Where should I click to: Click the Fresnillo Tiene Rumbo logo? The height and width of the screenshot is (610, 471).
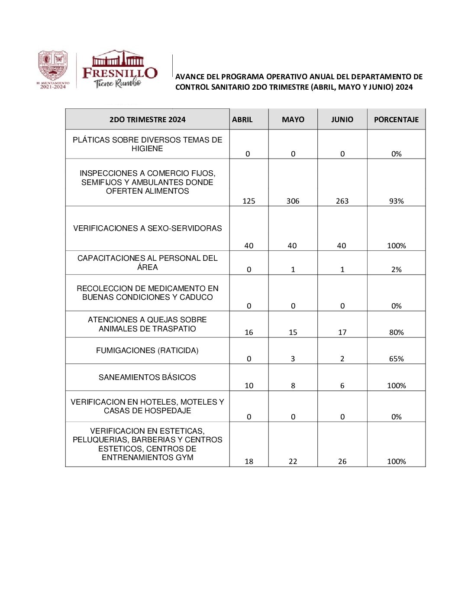pos(119,69)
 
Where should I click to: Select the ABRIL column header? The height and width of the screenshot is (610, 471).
pos(242,120)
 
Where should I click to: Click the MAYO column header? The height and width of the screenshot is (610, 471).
pos(293,120)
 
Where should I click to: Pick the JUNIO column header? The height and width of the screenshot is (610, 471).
pos(342,120)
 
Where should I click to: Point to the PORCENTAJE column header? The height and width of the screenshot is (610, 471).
pos(396,120)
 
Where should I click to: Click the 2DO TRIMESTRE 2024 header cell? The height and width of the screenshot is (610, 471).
pos(147,120)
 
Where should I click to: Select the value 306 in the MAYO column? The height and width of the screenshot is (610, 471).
pos(293,201)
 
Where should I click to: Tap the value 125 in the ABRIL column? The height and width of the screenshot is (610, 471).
pos(249,201)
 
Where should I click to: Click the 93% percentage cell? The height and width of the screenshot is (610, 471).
pos(396,201)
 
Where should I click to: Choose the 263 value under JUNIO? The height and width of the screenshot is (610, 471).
pos(342,201)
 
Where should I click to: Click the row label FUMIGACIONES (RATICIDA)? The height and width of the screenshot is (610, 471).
pos(147,350)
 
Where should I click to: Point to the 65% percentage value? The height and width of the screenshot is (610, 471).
pos(396,359)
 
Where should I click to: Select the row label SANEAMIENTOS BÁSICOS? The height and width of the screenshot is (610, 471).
pos(147,377)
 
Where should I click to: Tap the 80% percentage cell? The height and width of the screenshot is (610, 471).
pos(396,332)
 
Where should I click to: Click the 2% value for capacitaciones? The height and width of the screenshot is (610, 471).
pos(396,269)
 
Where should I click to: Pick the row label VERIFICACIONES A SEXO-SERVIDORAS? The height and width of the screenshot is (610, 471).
pos(147,228)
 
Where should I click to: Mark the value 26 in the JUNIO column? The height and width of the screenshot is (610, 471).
pos(342,461)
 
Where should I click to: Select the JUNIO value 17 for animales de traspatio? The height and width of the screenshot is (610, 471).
pos(342,332)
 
